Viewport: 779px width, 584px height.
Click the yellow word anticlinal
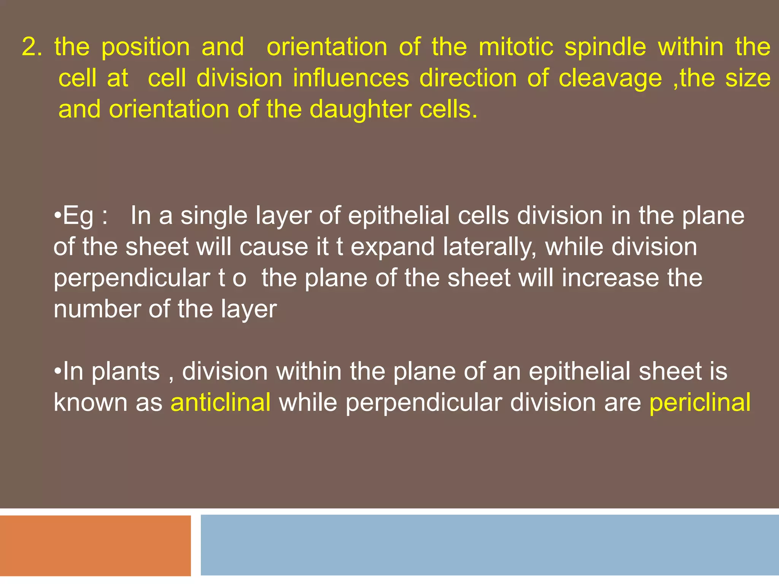click(221, 402)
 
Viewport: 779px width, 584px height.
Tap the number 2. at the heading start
click(32, 47)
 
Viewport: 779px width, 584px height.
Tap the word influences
click(351, 78)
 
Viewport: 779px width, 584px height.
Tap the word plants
click(126, 372)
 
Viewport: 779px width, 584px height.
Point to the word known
click(91, 402)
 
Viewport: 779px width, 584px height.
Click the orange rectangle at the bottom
click(95, 545)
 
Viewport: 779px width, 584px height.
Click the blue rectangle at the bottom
click(489, 544)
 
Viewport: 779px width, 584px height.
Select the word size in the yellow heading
click(748, 78)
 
